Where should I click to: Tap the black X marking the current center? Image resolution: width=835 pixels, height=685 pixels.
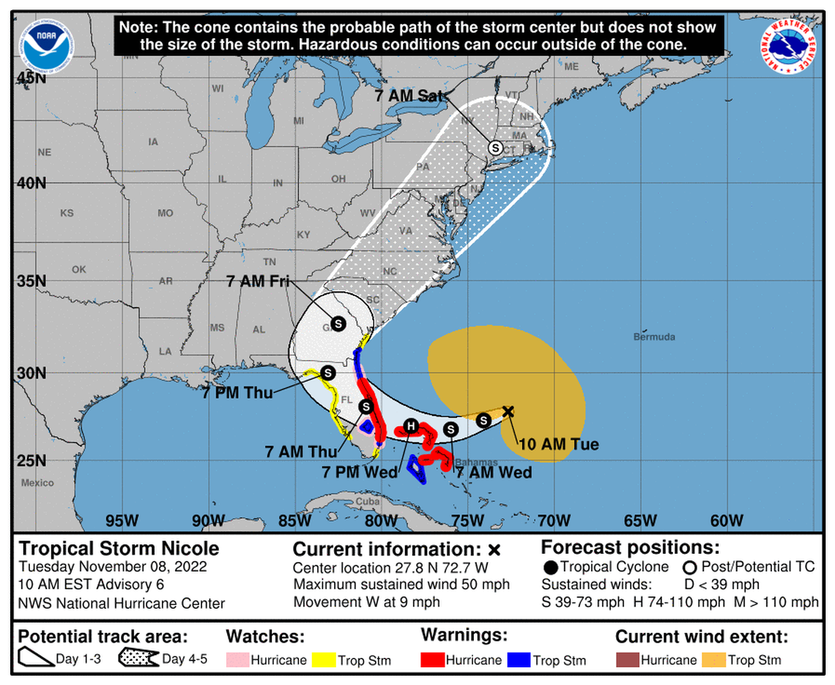tap(508, 411)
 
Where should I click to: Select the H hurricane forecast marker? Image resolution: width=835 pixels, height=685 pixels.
tap(411, 426)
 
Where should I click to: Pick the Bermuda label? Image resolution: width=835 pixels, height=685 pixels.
tap(654, 337)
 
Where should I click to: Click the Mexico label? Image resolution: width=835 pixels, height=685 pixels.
tap(37, 483)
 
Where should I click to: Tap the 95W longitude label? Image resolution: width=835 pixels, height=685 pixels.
tap(122, 521)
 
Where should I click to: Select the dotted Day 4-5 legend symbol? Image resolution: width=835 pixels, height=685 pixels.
tap(138, 659)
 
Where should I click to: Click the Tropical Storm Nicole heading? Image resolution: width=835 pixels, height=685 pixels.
tap(119, 549)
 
